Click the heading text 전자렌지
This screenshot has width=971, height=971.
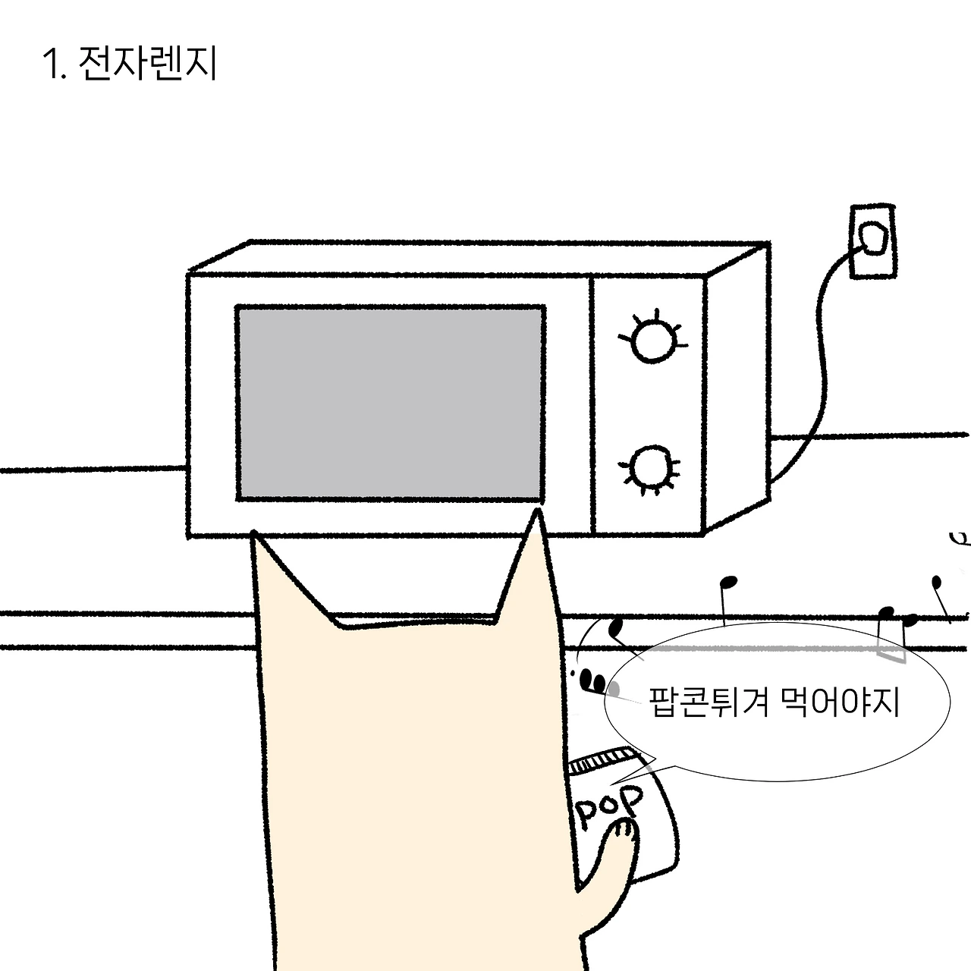[148, 64]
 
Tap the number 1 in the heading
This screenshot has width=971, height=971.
[50, 64]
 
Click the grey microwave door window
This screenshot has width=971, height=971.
[390, 403]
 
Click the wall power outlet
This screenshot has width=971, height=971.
[872, 241]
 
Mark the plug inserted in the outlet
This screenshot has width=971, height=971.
[872, 238]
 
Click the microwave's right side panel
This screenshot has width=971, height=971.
[737, 387]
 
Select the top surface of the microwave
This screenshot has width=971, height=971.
[479, 259]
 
